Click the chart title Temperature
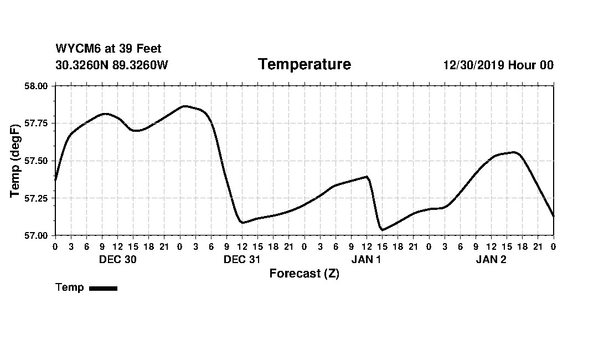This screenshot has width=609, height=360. pos(304,64)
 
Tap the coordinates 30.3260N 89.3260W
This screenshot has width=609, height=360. pos(111,65)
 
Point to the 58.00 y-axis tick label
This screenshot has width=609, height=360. pos(38,86)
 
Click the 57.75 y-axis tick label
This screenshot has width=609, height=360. pos(38,124)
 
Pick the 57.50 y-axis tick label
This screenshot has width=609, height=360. pos(38,161)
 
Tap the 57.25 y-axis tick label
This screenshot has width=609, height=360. pos(38,198)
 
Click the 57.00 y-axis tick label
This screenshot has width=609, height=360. pos(38,235)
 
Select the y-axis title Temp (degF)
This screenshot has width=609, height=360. pos(16,161)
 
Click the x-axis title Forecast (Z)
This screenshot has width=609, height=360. pos(304,274)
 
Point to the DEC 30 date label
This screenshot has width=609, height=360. pos(117,259)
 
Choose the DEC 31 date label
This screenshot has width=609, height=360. pos(242,259)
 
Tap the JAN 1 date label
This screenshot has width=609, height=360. pos(367,259)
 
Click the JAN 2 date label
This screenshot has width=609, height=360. pos(491,259)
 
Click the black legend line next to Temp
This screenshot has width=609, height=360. pos(103,288)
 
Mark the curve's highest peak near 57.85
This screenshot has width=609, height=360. pos(184,106)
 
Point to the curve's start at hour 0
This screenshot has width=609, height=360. pos(55,180)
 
